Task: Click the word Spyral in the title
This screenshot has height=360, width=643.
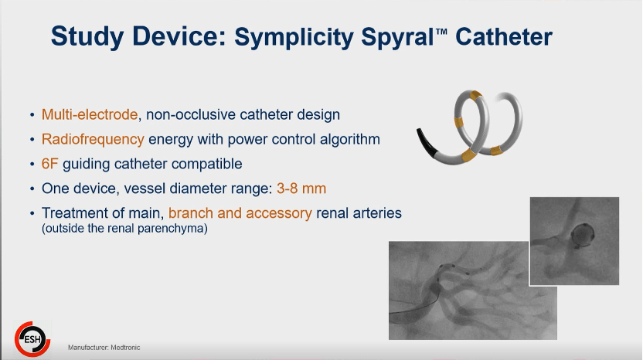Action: coord(397,37)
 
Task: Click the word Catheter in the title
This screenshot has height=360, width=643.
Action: coord(504,37)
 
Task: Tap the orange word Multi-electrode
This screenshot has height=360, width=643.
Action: coord(90,114)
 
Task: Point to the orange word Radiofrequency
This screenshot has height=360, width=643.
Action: coord(93,139)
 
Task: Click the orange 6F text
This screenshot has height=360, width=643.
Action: coord(49,164)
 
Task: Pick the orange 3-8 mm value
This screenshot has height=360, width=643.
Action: coord(301,188)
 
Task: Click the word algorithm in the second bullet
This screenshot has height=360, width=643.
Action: coord(350,139)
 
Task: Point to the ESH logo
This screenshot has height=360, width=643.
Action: coord(32,339)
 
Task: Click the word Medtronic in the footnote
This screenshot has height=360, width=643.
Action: coord(125,348)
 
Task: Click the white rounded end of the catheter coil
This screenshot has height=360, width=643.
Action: coord(500,97)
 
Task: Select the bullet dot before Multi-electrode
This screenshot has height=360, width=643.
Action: coord(32,115)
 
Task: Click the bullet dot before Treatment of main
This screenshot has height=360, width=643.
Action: coord(32,214)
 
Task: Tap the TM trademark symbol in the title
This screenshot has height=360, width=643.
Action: coord(441,32)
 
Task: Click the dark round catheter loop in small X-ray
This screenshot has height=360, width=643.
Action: coord(582,235)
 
